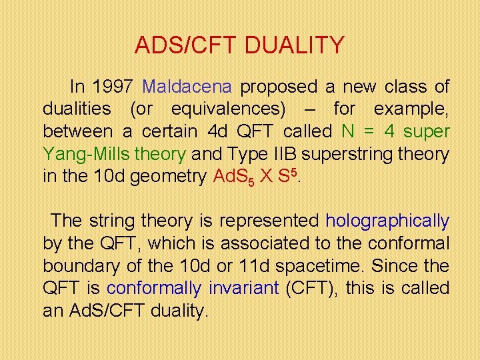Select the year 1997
113,87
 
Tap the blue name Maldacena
187,87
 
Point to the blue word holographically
387,221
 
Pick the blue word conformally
154,288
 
